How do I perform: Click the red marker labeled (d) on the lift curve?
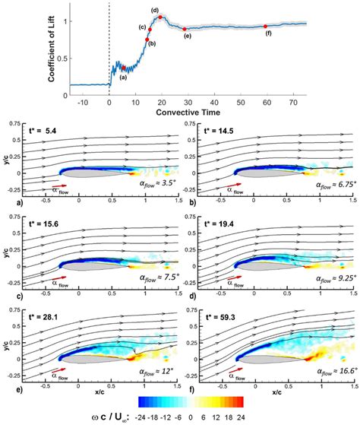point(160,17)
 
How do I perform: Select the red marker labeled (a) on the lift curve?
point(124,68)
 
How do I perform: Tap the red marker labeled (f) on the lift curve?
point(265,27)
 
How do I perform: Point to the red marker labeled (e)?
point(185,29)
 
